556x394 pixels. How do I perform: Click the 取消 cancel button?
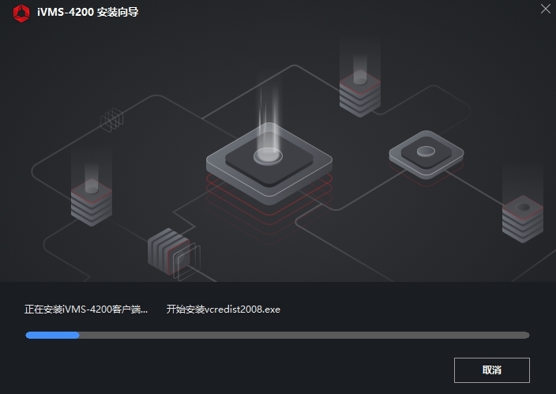click(491, 370)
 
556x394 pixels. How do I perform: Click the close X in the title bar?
click(545, 9)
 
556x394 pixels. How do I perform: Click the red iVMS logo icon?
click(21, 12)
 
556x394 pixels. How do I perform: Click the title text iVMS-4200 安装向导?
click(87, 12)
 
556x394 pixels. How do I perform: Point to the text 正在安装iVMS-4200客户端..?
click(85, 309)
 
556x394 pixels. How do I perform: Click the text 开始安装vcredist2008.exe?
click(223, 309)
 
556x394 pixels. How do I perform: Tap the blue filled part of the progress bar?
click(52, 335)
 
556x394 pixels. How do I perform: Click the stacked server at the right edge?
click(523, 216)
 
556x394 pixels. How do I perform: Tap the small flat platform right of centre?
click(426, 154)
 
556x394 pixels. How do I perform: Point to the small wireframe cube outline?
click(112, 119)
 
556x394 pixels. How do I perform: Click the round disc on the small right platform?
click(426, 150)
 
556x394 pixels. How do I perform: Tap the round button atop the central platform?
click(267, 155)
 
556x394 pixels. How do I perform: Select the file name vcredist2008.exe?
click(241, 309)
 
